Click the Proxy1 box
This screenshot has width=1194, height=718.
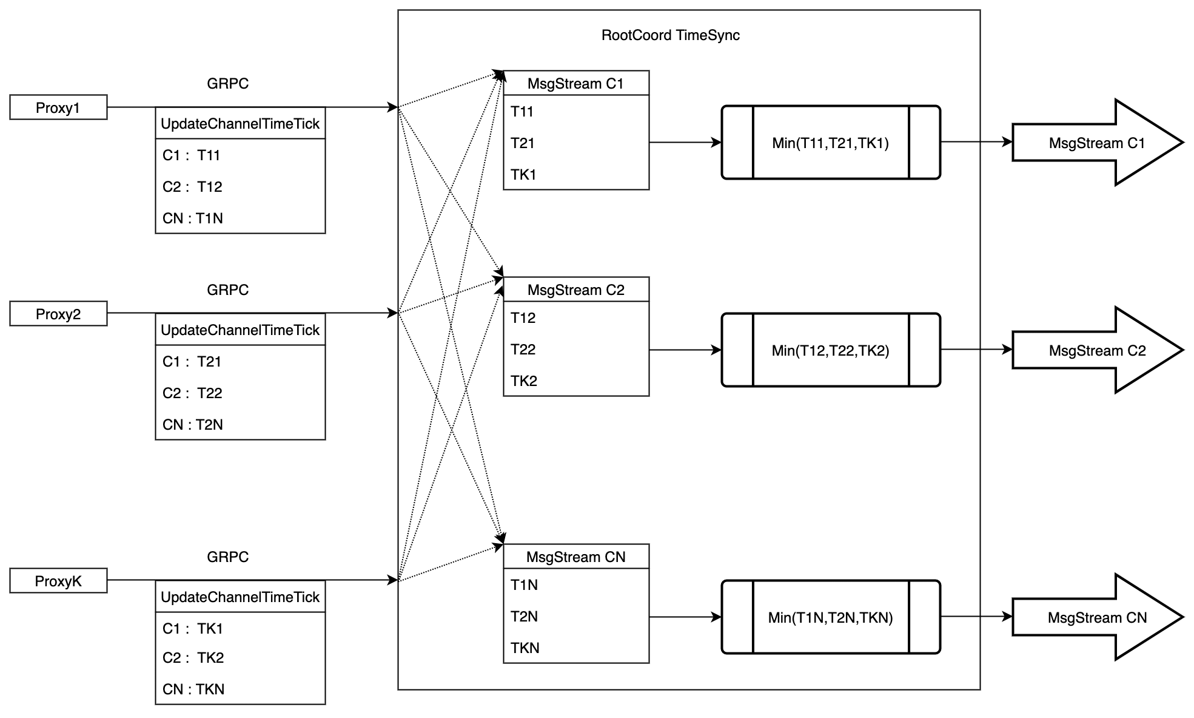click(58, 107)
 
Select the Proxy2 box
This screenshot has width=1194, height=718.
click(58, 314)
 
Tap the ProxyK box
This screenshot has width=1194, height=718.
click(58, 581)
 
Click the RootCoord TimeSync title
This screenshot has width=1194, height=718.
click(670, 35)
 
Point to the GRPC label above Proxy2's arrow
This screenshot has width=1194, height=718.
click(227, 290)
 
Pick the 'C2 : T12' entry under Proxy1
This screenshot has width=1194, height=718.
click(192, 187)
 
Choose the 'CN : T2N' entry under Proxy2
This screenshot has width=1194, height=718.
click(192, 425)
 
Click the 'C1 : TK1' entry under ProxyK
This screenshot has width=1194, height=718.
click(192, 629)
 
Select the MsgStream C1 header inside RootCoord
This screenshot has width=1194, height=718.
click(575, 84)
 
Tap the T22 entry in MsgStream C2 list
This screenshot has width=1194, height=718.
click(523, 350)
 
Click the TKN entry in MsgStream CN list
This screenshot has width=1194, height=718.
click(525, 648)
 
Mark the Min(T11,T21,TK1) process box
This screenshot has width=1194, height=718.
click(830, 143)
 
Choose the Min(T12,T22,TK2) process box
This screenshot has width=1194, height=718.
click(830, 351)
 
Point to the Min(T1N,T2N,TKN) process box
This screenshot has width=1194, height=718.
click(830, 618)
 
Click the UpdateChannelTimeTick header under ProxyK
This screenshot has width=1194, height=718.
click(240, 597)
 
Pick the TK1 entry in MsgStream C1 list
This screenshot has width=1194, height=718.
click(524, 175)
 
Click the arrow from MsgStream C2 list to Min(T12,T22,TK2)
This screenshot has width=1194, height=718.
click(685, 350)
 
